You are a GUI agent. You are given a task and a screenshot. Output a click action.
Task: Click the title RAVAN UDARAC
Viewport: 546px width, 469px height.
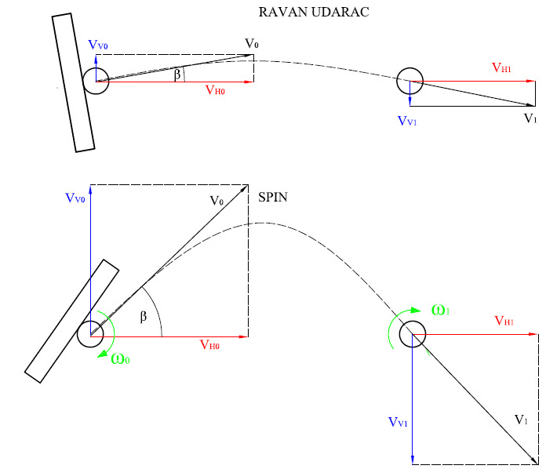point(314,13)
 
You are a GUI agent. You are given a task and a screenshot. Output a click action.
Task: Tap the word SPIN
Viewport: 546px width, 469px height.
point(273,198)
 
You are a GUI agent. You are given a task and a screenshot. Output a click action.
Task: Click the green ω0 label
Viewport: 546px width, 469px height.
point(120,358)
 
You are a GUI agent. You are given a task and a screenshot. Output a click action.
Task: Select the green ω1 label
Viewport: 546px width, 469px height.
point(441,310)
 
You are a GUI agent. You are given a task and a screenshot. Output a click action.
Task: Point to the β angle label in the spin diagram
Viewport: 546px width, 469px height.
point(143,317)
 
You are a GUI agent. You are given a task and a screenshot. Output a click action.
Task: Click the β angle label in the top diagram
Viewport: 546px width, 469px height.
point(177,75)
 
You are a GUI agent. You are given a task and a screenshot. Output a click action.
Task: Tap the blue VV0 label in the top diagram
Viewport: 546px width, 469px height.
point(98,45)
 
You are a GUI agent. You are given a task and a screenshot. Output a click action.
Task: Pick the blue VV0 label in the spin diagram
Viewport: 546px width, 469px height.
point(75,198)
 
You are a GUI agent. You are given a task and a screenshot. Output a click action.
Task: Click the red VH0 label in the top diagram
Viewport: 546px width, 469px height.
point(215,90)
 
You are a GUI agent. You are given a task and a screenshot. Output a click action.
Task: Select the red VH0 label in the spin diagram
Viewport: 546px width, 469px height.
point(209,345)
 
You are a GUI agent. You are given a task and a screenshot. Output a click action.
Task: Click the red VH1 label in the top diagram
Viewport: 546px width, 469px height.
point(501,67)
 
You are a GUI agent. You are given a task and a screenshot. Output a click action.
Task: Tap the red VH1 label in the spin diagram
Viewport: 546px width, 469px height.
point(504,321)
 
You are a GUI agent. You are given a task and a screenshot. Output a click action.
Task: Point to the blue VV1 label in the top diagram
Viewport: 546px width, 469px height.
point(407,121)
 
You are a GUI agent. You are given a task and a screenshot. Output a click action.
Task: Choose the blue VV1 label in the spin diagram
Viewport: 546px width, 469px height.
point(398,423)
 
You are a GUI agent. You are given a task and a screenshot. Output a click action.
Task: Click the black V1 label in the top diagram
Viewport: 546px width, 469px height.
point(530,118)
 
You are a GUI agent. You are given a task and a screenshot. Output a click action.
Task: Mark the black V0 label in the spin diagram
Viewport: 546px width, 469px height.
point(217,201)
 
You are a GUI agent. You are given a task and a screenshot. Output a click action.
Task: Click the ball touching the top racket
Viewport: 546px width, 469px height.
point(96,81)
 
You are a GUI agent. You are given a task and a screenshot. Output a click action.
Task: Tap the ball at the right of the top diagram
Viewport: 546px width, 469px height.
point(409,81)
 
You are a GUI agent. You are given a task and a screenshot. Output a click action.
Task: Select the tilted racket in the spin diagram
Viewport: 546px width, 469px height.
point(71,321)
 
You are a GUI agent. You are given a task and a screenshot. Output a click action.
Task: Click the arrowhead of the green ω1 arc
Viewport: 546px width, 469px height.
point(416,310)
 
